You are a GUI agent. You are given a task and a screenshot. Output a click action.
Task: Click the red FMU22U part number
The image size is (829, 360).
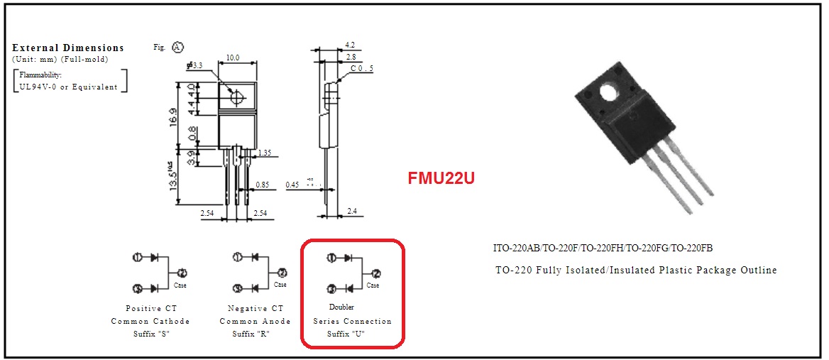point(441,178)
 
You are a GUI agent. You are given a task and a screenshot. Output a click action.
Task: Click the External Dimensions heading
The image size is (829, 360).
point(68,48)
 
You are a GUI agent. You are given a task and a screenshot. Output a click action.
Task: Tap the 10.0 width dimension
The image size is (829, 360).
point(232,58)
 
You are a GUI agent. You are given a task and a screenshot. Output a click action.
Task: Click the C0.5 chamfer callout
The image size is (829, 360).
point(361,68)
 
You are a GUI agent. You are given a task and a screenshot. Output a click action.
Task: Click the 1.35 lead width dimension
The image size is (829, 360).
point(265,153)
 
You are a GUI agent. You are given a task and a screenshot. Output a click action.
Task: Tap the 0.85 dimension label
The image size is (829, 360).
point(261,185)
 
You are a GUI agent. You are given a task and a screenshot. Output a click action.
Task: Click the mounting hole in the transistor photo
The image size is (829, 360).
point(609,92)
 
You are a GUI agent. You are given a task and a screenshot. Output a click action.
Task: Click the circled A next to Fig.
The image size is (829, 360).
point(177,48)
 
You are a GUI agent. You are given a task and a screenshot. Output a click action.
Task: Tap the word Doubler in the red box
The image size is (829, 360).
point(341,307)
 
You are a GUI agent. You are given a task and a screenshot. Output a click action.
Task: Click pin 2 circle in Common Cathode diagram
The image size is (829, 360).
point(182,273)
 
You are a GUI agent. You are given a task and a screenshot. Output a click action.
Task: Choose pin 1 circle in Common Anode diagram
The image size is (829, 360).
point(238,257)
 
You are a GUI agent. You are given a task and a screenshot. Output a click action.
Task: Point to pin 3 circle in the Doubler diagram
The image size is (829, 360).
point(331,289)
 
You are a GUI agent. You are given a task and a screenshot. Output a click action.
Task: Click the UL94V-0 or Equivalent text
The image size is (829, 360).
point(69,87)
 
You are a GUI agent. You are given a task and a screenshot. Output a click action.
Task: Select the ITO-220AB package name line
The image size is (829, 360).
point(603,248)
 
